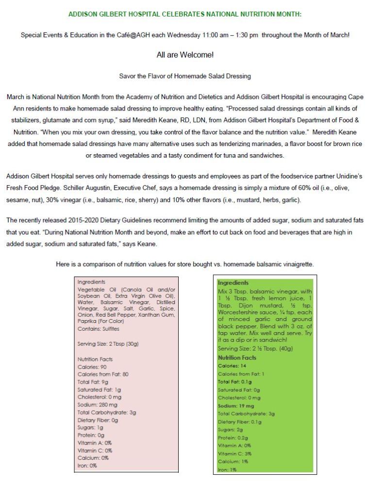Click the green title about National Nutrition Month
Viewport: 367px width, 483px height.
185,14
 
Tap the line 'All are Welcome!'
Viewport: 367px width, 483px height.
185,55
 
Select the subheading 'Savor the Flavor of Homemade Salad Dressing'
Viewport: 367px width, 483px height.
185,76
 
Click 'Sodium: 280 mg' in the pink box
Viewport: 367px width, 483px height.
98,404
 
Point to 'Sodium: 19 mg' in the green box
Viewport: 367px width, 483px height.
235,406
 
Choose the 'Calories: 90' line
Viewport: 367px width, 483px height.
92,367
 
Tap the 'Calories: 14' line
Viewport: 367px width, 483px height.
232,366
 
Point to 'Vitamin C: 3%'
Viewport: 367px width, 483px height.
234,453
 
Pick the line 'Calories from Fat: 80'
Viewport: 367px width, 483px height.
102,374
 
